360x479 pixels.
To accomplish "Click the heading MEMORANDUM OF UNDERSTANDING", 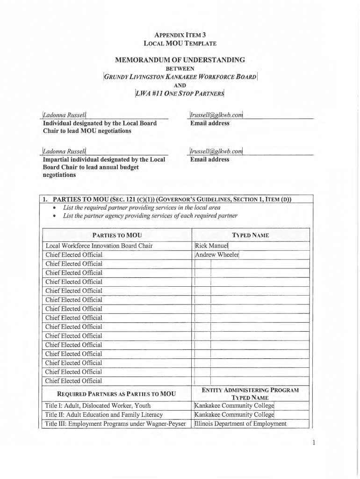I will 180,60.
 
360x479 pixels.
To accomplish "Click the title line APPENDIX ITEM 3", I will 180,35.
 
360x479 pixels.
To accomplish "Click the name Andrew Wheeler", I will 217,255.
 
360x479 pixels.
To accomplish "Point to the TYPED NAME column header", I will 251,235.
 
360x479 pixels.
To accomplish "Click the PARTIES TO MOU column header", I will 117,235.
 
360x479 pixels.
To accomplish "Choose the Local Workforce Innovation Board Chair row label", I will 99,246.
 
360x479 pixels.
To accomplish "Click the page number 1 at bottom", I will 315,443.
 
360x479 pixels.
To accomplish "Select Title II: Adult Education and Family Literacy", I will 104,414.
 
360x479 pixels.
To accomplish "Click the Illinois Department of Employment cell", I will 240,424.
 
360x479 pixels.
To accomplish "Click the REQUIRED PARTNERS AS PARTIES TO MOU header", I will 116,394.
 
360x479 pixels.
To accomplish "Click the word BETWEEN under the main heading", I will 180,68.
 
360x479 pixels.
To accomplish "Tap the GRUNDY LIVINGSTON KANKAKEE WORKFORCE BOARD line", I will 180,77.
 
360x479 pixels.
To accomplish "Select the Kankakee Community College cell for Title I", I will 234,406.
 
